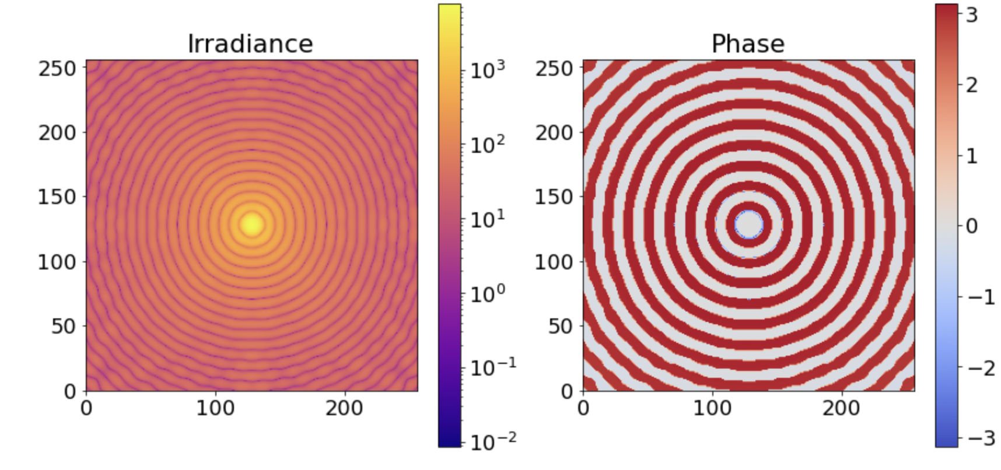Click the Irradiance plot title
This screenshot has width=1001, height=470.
click(250, 44)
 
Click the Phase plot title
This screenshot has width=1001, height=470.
click(748, 44)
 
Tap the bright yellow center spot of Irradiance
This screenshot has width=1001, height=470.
click(251, 224)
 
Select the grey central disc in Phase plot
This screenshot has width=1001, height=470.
click(748, 224)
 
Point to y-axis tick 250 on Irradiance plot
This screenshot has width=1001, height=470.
click(57, 68)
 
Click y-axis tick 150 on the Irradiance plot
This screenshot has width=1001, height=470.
click(57, 197)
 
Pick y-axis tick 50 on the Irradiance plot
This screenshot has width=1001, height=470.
click(64, 326)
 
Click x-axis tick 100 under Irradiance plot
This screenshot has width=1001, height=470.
click(215, 408)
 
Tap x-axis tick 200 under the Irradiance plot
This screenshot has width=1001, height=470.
click(344, 408)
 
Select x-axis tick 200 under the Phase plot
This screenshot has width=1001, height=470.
click(841, 408)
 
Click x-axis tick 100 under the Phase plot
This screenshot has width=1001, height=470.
click(712, 408)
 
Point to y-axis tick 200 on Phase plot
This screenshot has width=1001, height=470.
click(554, 132)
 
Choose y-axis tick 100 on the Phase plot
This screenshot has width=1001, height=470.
click(554, 262)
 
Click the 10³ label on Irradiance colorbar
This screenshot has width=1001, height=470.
click(488, 70)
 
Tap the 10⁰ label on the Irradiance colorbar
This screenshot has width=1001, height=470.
click(488, 294)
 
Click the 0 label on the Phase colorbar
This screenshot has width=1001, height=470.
click(971, 226)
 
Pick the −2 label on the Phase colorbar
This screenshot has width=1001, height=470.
click(981, 368)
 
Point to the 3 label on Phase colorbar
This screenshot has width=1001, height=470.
click(971, 15)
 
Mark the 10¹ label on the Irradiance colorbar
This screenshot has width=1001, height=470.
click(488, 219)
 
